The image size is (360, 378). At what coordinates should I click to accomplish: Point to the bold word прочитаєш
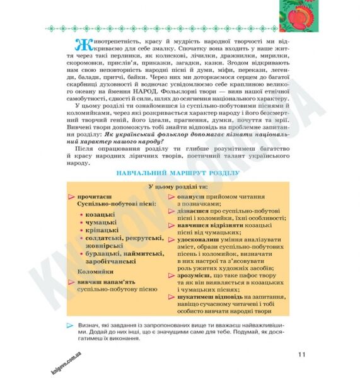click(x=93, y=197)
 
